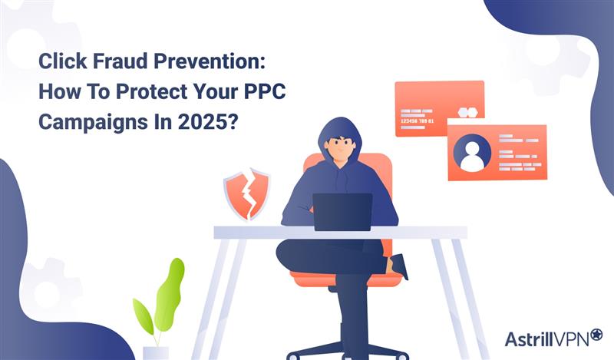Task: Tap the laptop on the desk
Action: coord(342,212)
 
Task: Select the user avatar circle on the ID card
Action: coord(472,152)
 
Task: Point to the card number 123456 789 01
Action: coord(418,121)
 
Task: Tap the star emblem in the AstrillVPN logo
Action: coord(596,335)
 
